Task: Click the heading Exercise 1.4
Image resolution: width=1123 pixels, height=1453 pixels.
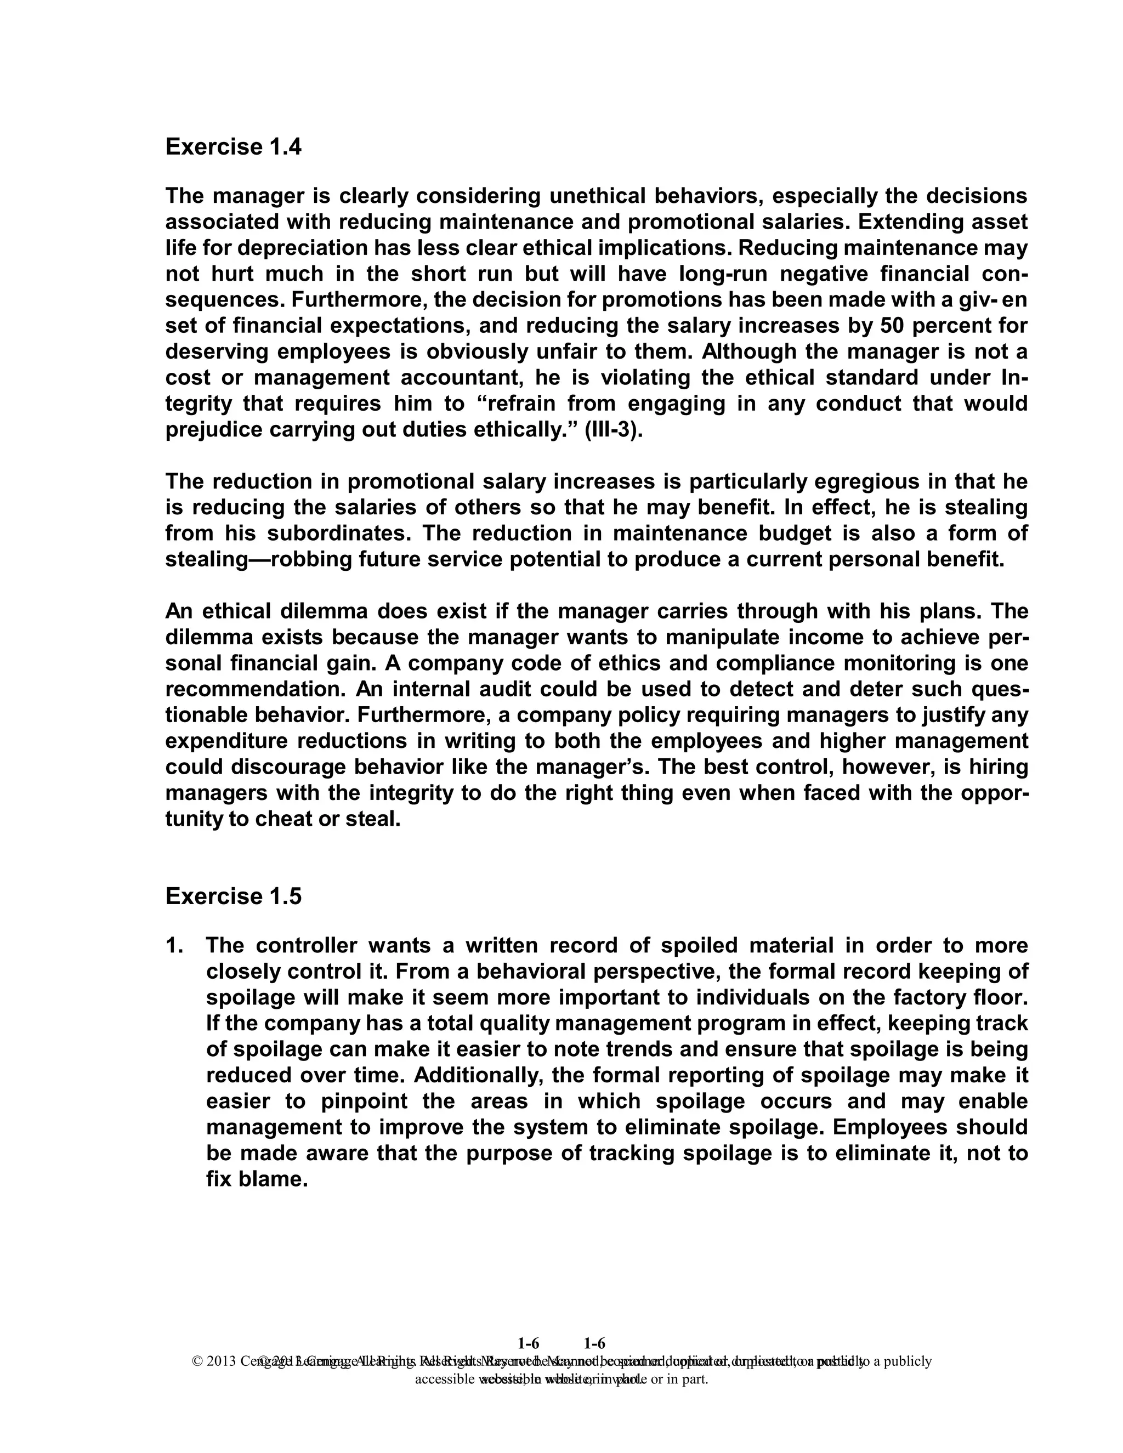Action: pyautogui.click(x=233, y=147)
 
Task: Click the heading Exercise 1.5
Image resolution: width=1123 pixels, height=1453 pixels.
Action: pyautogui.click(x=233, y=897)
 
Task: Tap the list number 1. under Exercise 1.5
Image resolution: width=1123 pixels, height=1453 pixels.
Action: pyautogui.click(x=174, y=945)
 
